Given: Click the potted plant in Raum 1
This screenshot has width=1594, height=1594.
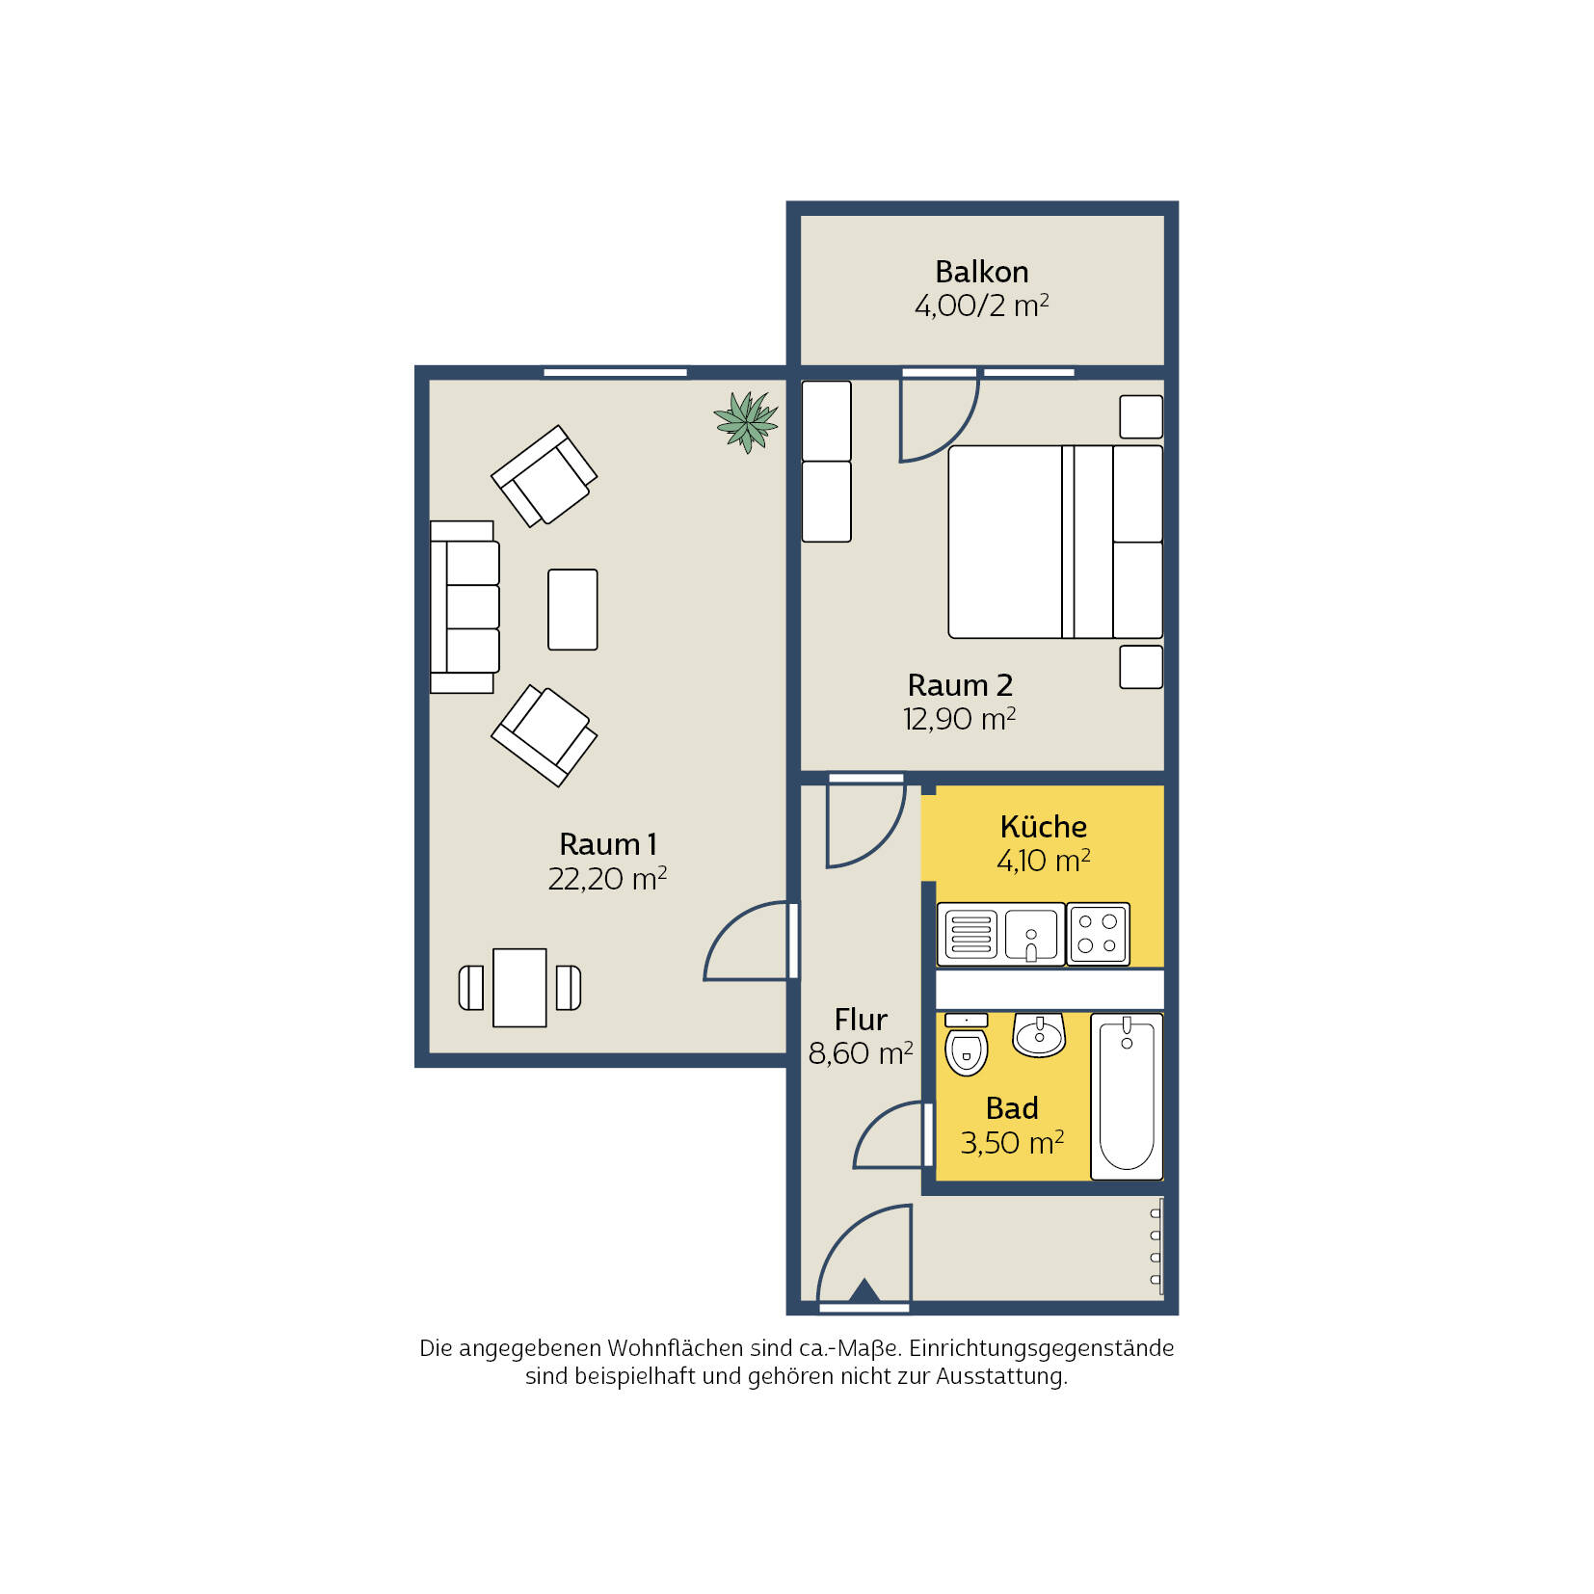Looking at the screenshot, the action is pos(745,421).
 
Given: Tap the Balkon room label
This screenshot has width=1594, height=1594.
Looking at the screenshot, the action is pos(981,272).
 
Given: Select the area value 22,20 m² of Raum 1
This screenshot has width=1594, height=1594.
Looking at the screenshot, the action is pos(607,878).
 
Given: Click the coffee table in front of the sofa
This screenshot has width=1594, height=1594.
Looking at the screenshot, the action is pos(572,609).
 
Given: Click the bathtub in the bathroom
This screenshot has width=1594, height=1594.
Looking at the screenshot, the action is pos(1127,1096).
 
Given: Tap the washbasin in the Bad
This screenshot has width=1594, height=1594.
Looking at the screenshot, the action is pos(1039,1035).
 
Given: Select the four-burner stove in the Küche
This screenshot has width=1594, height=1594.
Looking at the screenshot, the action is pos(1098,933).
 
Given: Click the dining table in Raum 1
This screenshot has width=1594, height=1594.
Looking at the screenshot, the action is pos(519,988).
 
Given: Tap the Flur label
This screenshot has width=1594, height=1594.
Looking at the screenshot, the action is pos(861,1020).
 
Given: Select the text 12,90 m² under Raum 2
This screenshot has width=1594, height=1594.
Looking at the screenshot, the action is pos(959,719).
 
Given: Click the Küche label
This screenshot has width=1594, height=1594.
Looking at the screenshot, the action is pos(1044,826).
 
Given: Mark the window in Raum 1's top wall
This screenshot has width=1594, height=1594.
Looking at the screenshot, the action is pos(615,372).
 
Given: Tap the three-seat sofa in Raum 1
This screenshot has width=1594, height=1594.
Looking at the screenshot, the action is pos(465,607).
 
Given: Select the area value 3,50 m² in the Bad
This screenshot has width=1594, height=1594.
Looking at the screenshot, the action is pos(1012,1142).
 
